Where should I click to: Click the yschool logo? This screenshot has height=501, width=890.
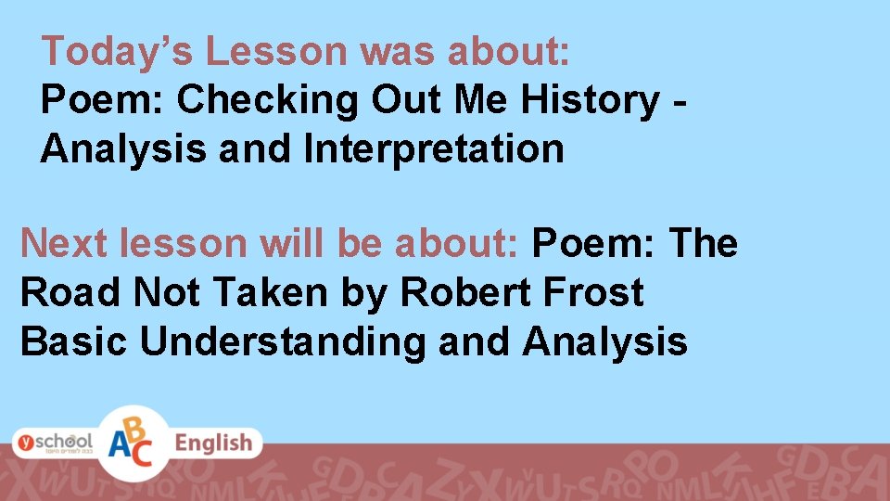pos(52,443)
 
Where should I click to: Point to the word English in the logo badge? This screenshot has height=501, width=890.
pos(213,443)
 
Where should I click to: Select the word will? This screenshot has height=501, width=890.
pos(295,243)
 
